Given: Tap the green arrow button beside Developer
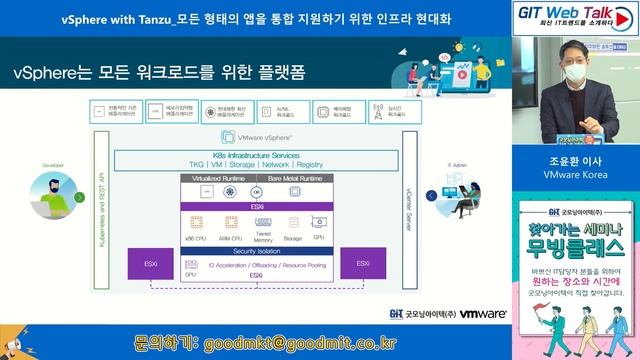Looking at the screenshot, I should (80, 198).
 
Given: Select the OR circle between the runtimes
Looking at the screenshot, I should (256, 192).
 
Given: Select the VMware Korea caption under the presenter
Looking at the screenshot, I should (570, 174).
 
